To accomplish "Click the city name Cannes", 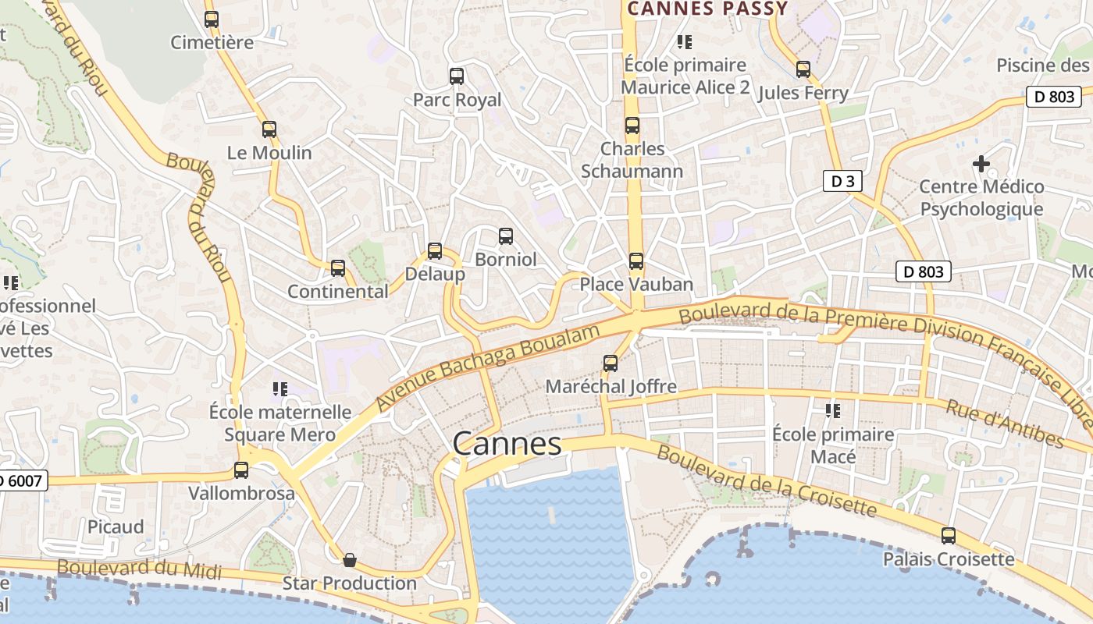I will click(x=507, y=444).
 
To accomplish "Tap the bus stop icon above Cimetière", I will click(x=212, y=19).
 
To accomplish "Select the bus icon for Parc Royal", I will click(x=457, y=76).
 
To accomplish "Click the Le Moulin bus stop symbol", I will click(x=269, y=129).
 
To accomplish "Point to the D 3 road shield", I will click(x=842, y=182).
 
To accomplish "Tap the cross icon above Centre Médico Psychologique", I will click(x=981, y=164).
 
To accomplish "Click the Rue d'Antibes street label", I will click(x=1004, y=424).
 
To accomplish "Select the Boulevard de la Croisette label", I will click(x=766, y=480).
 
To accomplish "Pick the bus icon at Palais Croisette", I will click(x=949, y=536).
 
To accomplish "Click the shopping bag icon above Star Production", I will click(x=350, y=560).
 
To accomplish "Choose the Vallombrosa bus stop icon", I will click(x=241, y=470).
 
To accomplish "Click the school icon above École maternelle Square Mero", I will click(x=280, y=388).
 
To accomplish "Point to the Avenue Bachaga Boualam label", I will click(x=488, y=367).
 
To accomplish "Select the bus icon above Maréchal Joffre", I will click(x=611, y=363).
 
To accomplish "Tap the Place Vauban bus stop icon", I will click(x=636, y=261).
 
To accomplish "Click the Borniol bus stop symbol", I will click(x=506, y=236).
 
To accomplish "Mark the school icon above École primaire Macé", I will click(x=833, y=410).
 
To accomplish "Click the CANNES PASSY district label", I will click(x=707, y=9).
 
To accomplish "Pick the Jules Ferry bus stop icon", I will click(x=803, y=69).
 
